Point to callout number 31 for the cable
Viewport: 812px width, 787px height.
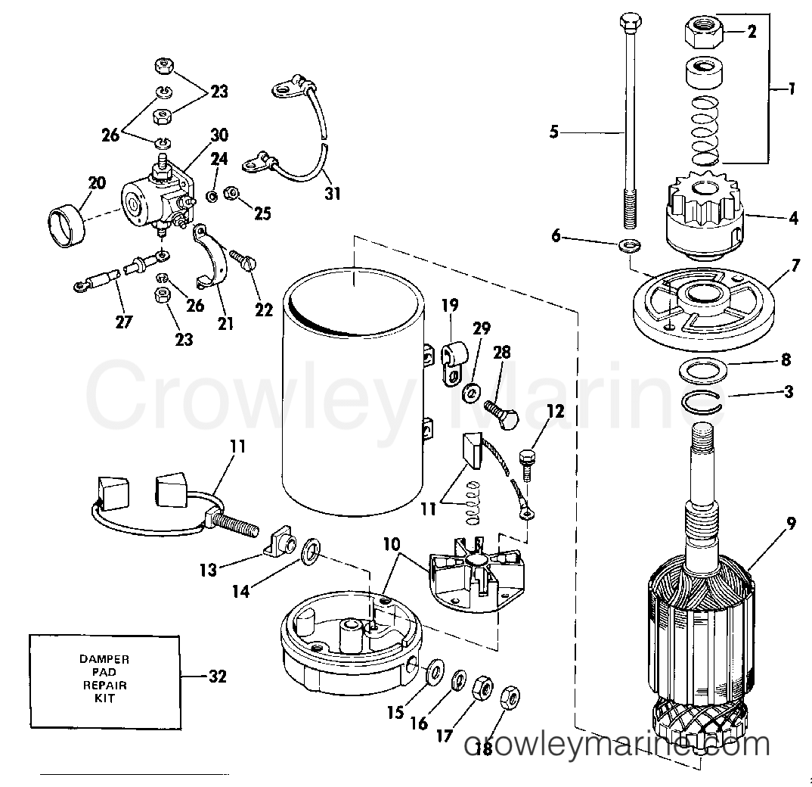(333, 194)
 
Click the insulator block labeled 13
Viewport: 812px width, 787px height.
(281, 542)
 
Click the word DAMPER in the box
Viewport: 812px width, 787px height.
(104, 659)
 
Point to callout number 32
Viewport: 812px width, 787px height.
(216, 677)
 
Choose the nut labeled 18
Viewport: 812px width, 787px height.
(510, 695)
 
